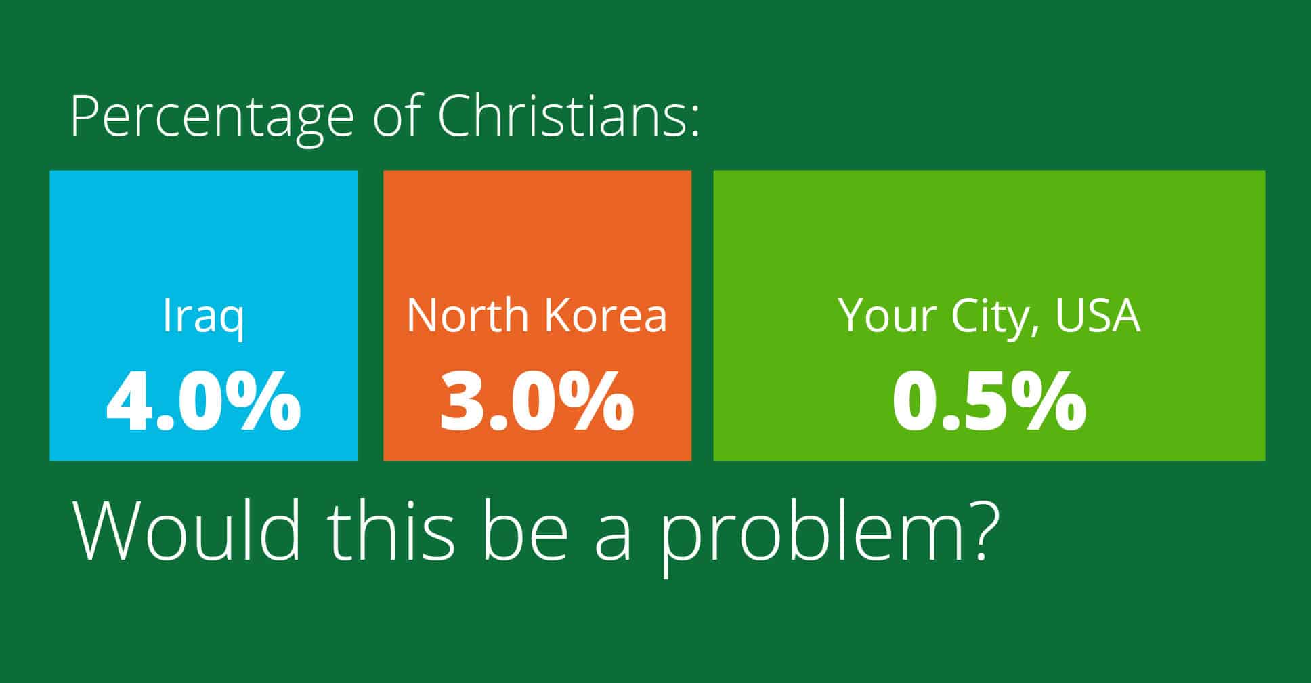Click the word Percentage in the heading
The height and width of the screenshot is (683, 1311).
pos(212,118)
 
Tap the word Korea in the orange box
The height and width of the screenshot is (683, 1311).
pos(606,315)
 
